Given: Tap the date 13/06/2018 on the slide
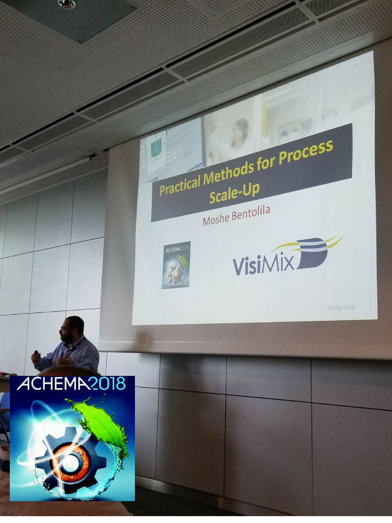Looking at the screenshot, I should point(341,307).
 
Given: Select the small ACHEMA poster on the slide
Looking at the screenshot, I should point(176,265).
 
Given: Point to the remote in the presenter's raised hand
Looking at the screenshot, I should point(36,352).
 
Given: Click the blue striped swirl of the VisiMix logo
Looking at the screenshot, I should point(312,252).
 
